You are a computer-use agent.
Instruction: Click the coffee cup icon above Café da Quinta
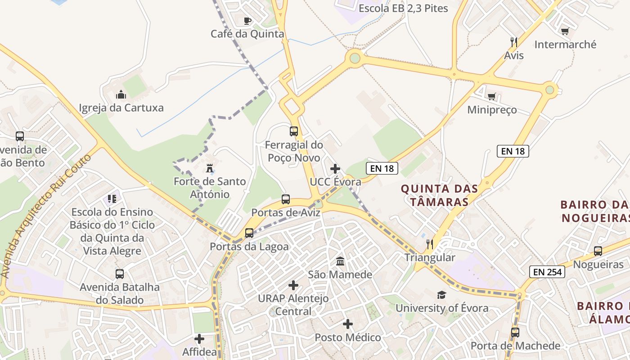pos(247,21)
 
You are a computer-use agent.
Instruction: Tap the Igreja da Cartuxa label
pos(121,108)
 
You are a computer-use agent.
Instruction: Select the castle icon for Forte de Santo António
pos(209,169)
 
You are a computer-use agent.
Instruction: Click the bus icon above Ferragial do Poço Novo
pos(294,131)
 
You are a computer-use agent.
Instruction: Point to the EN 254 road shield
pos(547,272)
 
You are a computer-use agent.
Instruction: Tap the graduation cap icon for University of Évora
pos(441,295)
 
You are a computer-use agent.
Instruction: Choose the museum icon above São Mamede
pos(340,261)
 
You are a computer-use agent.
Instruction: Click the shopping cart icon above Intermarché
pos(565,31)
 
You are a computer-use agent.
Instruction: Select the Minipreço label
pos(492,110)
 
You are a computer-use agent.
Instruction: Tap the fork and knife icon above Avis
pos(514,42)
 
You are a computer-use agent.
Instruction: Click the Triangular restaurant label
pos(430,258)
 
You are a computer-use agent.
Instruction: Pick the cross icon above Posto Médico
pos(348,324)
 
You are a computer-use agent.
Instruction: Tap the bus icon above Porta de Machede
pos(515,333)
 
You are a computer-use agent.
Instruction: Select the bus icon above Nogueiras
pos(598,251)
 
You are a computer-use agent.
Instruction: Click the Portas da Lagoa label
pos(249,247)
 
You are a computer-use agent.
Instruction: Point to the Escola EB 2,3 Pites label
pos(403,8)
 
